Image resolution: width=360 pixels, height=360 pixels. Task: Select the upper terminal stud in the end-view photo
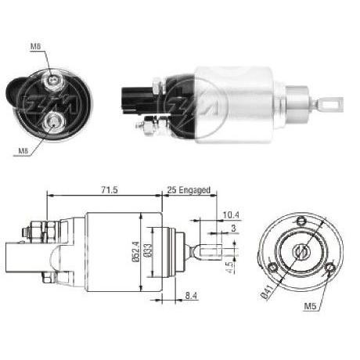(x=52, y=80)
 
